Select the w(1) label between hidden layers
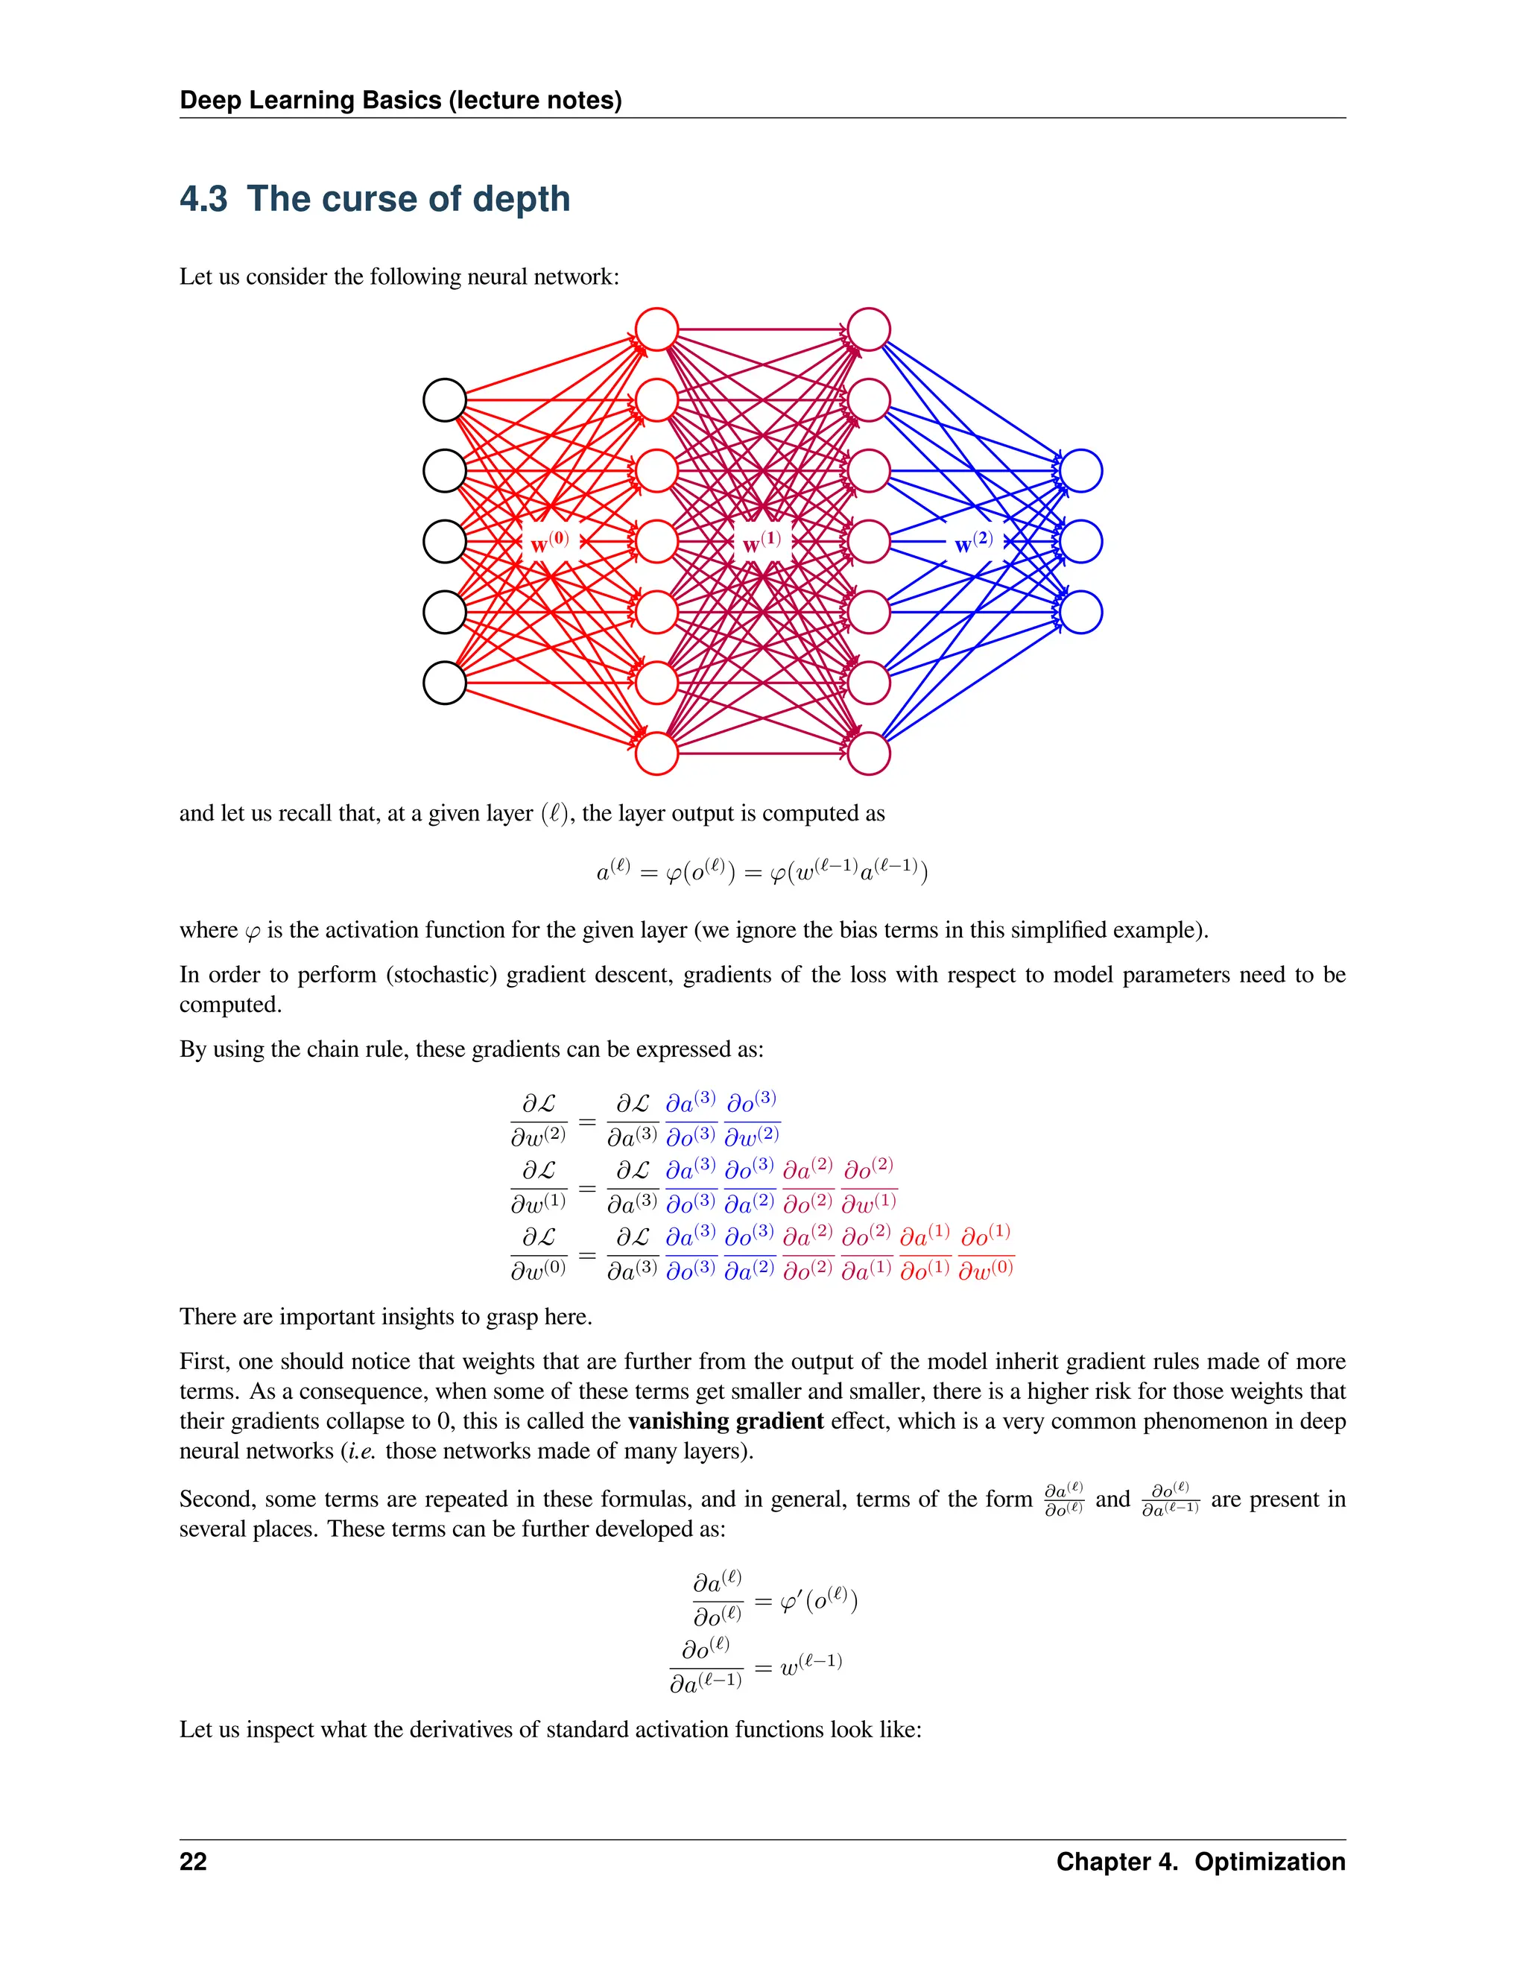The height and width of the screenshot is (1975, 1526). pos(762,543)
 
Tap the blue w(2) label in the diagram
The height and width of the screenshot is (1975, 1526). pos(974,543)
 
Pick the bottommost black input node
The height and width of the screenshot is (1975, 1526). pos(445,683)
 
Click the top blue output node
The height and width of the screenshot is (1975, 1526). pos(1081,471)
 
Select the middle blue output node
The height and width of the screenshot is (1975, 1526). pos(1081,542)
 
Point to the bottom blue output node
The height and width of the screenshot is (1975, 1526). pos(1081,612)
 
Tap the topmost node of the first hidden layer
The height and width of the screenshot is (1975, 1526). pos(657,329)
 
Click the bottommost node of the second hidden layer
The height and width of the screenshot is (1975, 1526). pos(869,753)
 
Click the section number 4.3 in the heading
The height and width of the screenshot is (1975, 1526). pos(203,199)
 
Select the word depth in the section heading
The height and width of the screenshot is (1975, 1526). pos(522,199)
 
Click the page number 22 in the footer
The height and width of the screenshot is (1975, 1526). pos(194,1862)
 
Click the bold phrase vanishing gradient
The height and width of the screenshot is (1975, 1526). pos(725,1421)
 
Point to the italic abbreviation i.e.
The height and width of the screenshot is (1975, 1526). pos(361,1451)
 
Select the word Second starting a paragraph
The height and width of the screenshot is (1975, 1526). pos(216,1500)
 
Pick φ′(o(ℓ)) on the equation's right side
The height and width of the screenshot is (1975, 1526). pos(818,1602)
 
